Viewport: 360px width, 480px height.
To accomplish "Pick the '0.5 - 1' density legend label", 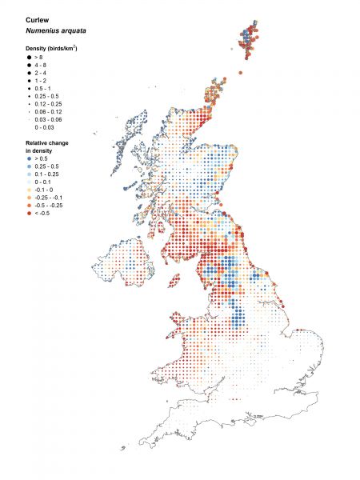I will [42, 89].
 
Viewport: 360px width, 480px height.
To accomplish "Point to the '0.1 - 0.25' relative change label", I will [47, 174].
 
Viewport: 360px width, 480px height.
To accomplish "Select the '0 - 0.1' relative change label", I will [43, 182].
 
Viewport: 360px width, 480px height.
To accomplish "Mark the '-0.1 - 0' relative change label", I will [44, 190].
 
